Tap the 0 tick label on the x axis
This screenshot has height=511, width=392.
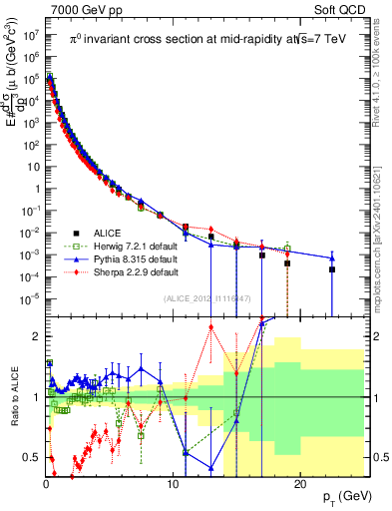point(46,484)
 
